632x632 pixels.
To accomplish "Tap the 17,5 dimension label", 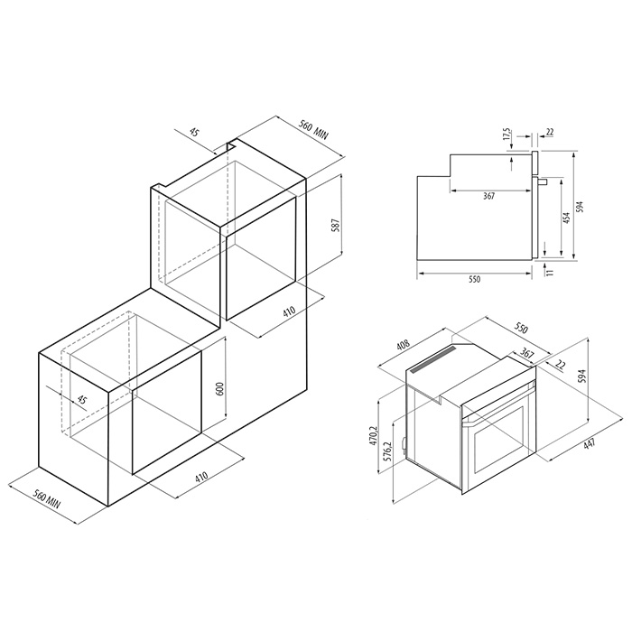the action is [507, 135].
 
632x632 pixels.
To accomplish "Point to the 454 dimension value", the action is [566, 218].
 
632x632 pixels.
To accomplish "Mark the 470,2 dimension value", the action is [372, 435].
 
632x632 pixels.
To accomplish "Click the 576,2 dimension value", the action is [387, 452].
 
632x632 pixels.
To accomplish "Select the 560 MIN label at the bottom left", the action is [47, 498].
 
